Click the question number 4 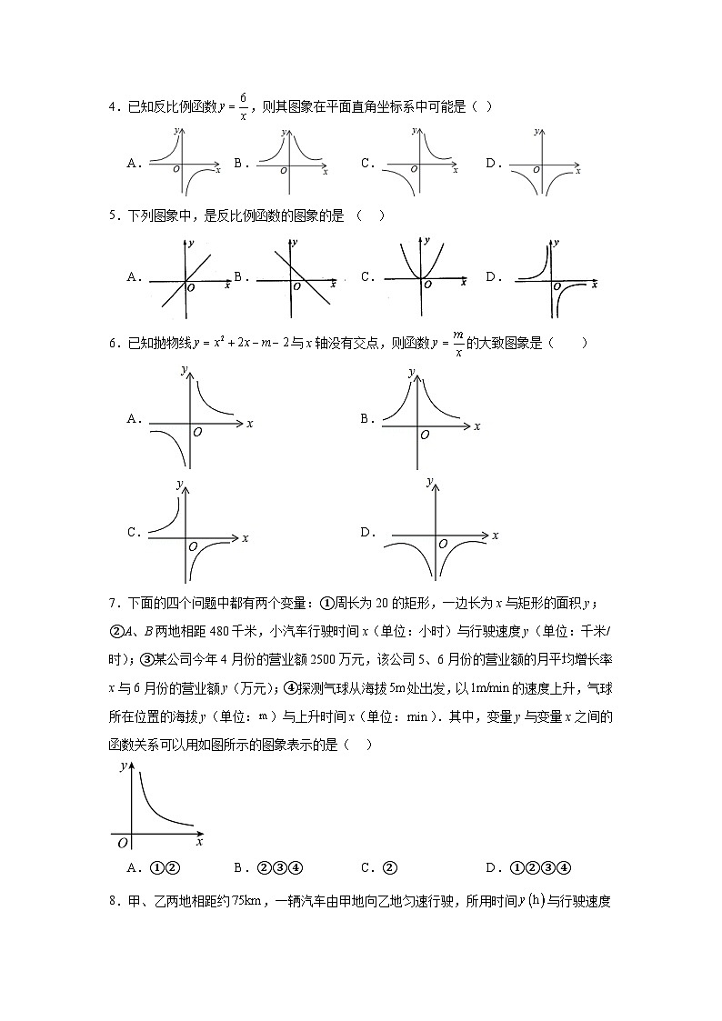(x=112, y=107)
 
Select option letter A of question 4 (x=132, y=164)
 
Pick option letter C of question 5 (x=366, y=277)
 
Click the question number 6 (x=112, y=344)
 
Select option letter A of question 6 (x=133, y=419)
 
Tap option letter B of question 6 (x=366, y=419)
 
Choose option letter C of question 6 (x=133, y=533)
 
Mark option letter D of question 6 (x=366, y=533)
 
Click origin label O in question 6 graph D (x=442, y=544)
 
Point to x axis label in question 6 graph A (x=249, y=424)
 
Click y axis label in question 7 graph (x=123, y=766)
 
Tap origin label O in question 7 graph (x=122, y=844)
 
